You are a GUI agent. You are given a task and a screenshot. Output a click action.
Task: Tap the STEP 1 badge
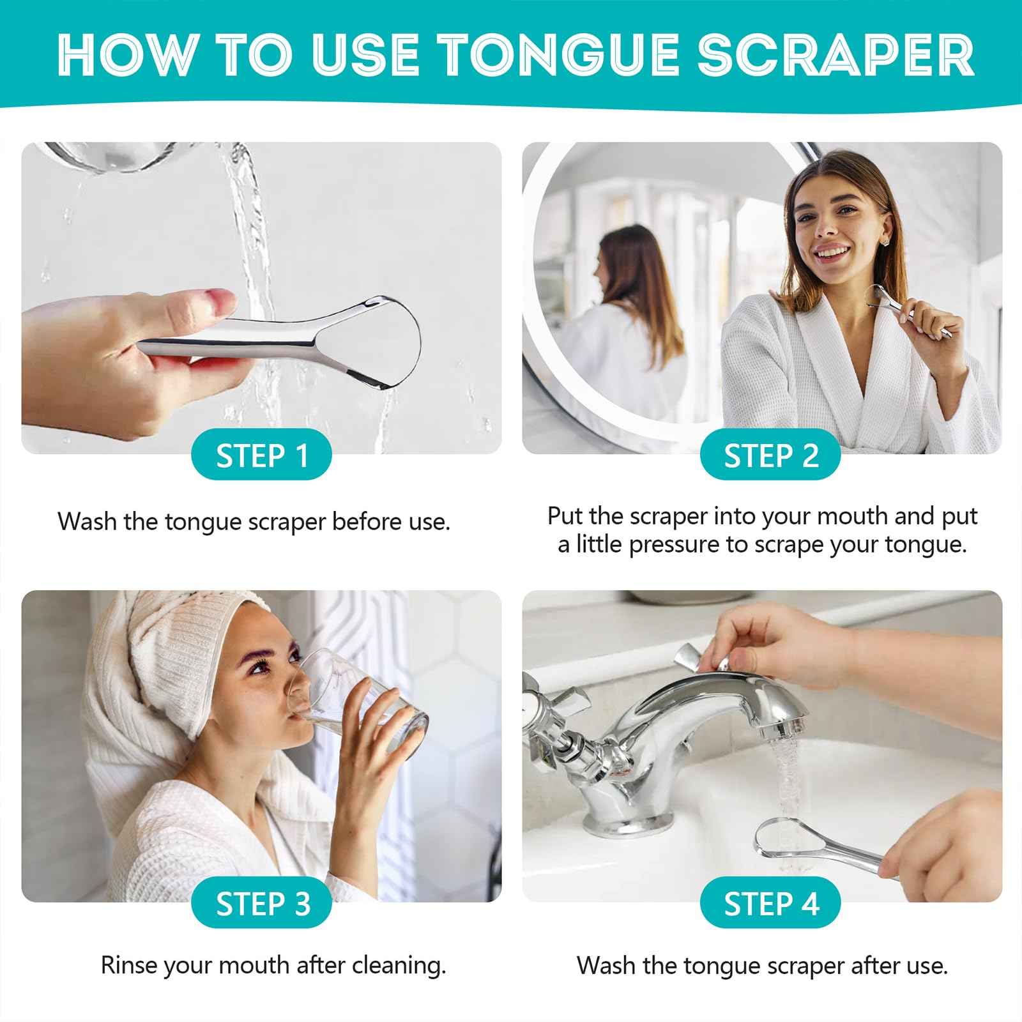click(x=262, y=456)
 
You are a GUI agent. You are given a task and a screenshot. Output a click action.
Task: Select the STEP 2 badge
click(x=770, y=456)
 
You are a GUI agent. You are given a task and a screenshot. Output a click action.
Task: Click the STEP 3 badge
click(x=262, y=904)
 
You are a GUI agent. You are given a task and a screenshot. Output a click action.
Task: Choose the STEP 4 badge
click(x=770, y=904)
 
